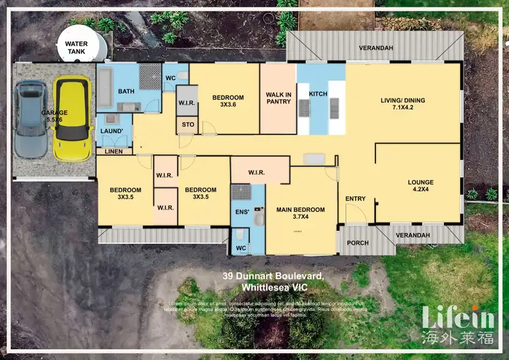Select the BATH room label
click(126, 91)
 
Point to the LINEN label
click(113, 151)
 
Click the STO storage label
click(187, 125)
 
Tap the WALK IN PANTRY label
click(278, 98)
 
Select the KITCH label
click(318, 93)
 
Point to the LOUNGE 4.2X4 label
click(420, 186)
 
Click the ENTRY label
click(355, 199)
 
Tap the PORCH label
click(357, 243)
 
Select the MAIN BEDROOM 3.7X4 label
click(301, 213)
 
